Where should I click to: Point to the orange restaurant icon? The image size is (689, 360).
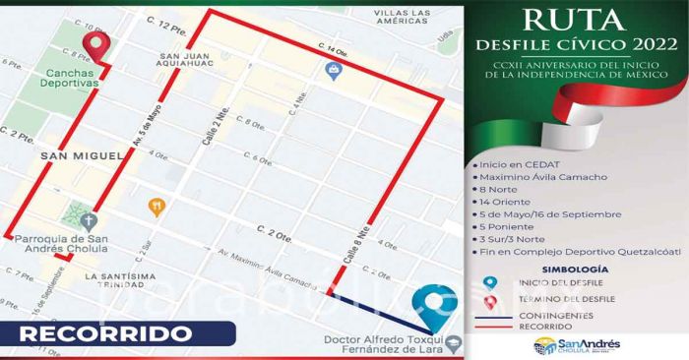click(156, 207)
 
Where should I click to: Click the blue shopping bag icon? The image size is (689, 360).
click(334, 72)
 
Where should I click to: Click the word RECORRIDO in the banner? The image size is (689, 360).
click(104, 333)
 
